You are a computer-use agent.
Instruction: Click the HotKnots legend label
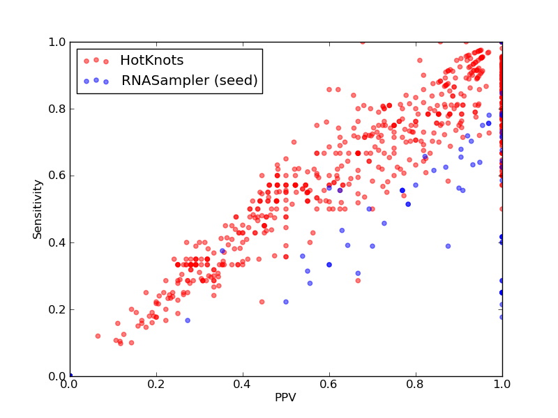point(152,61)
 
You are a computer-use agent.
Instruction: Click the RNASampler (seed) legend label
point(189,80)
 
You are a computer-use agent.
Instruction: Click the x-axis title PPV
point(285,397)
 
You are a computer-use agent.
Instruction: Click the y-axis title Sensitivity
point(38,210)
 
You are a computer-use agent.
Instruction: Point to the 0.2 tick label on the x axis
point(156,385)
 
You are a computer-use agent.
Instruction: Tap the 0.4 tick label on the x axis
point(243,385)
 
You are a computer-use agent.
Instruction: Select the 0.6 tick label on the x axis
point(329,385)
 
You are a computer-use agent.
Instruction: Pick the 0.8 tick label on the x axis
point(416,385)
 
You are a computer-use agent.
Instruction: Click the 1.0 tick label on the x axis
point(502,385)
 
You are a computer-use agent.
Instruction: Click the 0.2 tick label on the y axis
point(57,309)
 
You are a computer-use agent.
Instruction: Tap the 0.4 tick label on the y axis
point(57,242)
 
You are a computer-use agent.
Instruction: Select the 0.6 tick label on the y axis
point(57,176)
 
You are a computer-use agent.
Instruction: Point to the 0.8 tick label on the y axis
point(57,109)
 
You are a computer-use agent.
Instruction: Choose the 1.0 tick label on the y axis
point(57,42)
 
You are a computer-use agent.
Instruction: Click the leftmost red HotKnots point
point(98,336)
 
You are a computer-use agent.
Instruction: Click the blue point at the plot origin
point(70,376)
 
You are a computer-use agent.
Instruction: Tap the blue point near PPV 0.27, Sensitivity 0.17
point(188,320)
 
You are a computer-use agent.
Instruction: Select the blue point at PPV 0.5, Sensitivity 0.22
point(286,302)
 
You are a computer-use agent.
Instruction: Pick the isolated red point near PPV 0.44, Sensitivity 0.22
point(262,302)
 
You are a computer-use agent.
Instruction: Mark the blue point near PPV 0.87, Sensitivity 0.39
point(448,246)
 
